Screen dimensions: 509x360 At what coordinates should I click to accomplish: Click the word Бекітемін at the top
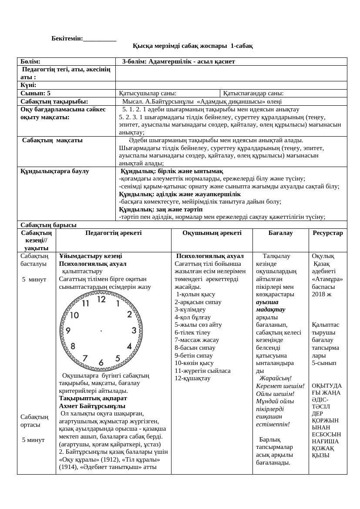click(x=67, y=39)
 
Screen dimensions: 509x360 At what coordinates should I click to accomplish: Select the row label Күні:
click(x=28, y=85)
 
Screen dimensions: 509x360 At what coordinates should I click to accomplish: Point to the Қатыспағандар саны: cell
click(x=253, y=93)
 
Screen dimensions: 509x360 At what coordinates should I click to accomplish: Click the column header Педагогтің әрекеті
click(x=113, y=233)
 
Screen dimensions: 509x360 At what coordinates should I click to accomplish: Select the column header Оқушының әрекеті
click(x=212, y=233)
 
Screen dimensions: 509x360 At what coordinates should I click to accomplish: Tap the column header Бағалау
click(x=280, y=233)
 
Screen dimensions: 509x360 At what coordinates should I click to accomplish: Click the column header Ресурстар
click(x=327, y=233)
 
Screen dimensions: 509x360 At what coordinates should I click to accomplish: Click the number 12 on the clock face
click(x=101, y=299)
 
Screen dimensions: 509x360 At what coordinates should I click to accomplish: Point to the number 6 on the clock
click(x=101, y=362)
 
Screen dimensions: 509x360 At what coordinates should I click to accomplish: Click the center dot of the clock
click(x=101, y=331)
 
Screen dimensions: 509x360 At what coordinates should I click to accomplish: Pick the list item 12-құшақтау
click(x=192, y=378)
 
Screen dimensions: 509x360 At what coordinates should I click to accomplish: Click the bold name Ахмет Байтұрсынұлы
click(x=92, y=406)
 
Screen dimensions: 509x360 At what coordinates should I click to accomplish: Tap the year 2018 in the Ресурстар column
click(x=319, y=294)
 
